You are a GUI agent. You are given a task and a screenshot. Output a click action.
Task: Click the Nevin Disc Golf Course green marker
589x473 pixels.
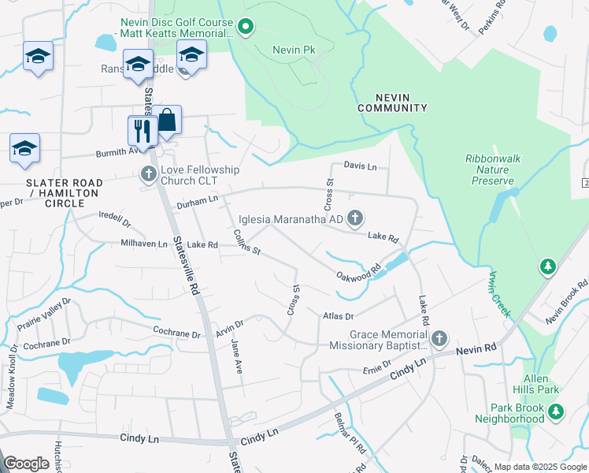tap(246, 29)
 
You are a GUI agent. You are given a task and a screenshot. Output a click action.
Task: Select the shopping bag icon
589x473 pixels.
tap(167, 121)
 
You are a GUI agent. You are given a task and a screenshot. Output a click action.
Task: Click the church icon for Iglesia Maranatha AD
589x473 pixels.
tap(355, 218)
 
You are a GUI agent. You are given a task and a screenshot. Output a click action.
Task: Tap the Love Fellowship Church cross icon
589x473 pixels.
tap(147, 173)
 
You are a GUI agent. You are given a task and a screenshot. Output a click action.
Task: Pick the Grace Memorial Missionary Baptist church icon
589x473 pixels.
tap(439, 339)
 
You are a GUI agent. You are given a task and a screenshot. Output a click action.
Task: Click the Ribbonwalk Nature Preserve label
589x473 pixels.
tap(492, 169)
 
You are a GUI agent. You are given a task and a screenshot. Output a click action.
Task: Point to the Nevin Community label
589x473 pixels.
tap(392, 102)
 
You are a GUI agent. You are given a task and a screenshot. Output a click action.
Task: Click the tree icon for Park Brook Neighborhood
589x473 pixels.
tap(556, 411)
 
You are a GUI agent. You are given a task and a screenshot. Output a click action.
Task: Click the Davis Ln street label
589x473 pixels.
tap(360, 166)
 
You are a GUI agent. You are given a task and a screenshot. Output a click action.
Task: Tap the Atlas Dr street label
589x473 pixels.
tap(339, 316)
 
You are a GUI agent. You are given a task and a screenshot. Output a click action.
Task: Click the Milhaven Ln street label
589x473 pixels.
tap(144, 244)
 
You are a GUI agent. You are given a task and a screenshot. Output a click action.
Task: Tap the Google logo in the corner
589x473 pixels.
tap(26, 464)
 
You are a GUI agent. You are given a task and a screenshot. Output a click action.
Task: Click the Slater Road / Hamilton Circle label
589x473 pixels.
tap(54, 192)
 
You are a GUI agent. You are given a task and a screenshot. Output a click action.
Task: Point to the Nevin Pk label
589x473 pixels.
tap(293, 50)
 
